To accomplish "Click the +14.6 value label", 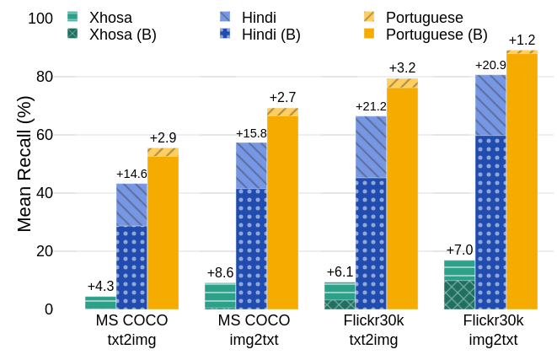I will (x=131, y=174).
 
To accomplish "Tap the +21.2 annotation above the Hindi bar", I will (x=371, y=106).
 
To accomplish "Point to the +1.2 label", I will (x=522, y=40).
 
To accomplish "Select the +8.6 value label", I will (x=221, y=273).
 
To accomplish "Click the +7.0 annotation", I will (x=459, y=250).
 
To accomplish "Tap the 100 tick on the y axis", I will (x=40, y=18).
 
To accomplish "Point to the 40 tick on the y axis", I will (x=44, y=193).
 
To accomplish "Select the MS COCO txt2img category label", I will (x=131, y=330).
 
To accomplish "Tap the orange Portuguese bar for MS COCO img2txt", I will (x=282, y=211).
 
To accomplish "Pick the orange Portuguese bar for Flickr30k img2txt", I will (x=522, y=180).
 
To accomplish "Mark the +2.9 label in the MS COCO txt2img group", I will (x=163, y=137).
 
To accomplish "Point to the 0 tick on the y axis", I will (x=49, y=309).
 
